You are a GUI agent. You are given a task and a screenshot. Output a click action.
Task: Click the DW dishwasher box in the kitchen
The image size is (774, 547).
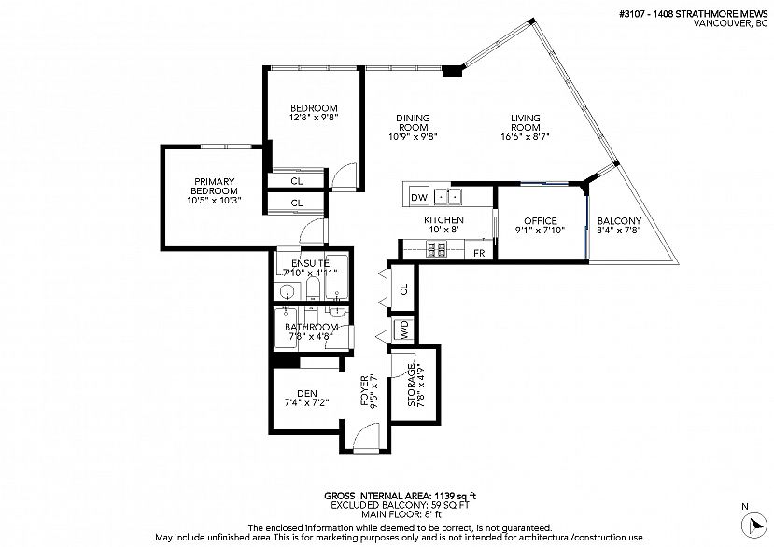(x=419, y=197)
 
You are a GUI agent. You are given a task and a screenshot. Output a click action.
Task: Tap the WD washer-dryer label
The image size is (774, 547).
(x=404, y=330)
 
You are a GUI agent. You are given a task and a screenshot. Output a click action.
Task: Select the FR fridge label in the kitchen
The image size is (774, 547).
(x=479, y=253)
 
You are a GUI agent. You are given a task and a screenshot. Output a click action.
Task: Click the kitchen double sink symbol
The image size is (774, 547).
(x=449, y=197)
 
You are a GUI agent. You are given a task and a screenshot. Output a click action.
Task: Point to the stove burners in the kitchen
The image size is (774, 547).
(x=436, y=250)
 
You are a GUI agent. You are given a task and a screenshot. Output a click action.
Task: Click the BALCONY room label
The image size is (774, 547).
(x=619, y=221)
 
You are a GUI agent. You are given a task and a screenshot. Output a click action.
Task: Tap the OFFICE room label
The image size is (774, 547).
(x=540, y=221)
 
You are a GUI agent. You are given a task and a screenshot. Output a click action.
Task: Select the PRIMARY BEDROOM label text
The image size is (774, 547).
(x=214, y=186)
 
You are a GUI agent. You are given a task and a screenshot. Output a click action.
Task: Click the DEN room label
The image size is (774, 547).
(x=307, y=393)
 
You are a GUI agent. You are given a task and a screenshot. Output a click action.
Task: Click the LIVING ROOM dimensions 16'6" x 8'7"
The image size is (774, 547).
(x=525, y=136)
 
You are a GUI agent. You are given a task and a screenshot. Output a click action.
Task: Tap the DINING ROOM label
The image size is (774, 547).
(x=413, y=122)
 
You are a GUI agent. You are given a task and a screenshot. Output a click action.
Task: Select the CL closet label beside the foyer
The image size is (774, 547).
(x=404, y=289)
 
